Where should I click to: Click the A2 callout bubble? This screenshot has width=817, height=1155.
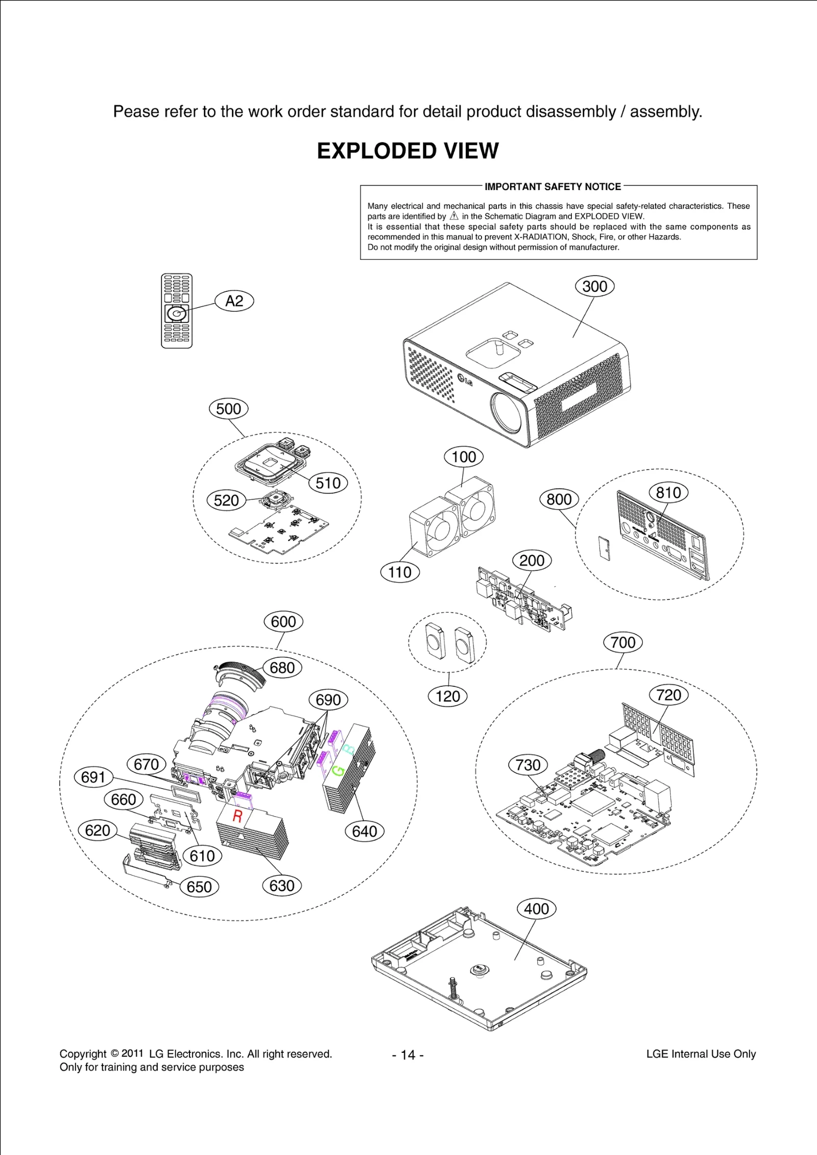pos(234,301)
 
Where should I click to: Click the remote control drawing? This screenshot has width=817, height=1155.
pos(177,311)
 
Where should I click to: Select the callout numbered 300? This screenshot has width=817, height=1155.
pos(595,286)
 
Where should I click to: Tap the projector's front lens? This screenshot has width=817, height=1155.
pos(509,413)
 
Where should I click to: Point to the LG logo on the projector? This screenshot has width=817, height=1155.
pos(465,379)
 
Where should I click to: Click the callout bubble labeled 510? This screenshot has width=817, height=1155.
pos(328,483)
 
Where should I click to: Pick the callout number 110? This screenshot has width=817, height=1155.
pos(400,572)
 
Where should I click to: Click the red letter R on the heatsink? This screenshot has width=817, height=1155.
pos(237,816)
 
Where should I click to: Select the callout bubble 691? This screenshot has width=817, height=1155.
pos(93,777)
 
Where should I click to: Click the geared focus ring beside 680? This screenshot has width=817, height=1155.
pos(242,672)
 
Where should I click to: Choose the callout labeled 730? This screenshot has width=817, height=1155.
pos(528,765)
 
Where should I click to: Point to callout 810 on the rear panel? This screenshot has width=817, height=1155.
pos(668,493)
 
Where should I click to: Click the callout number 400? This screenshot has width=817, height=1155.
pos(537,909)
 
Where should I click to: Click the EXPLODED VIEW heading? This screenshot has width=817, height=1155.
pos(407,151)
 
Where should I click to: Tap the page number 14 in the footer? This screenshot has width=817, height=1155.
pos(408,1055)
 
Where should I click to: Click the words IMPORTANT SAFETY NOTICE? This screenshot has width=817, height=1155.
pos(552,187)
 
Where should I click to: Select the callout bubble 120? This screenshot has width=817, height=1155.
pos(448,696)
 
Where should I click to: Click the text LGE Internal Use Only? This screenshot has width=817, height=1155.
pos(701,1054)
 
